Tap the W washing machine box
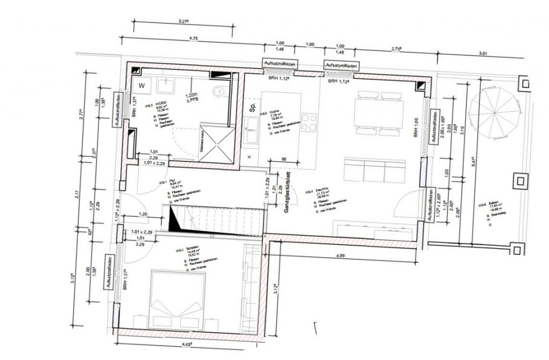(142, 86)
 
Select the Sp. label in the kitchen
(251, 107)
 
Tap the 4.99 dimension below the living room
(340, 257)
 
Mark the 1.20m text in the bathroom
(192, 94)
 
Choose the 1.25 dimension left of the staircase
(143, 214)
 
